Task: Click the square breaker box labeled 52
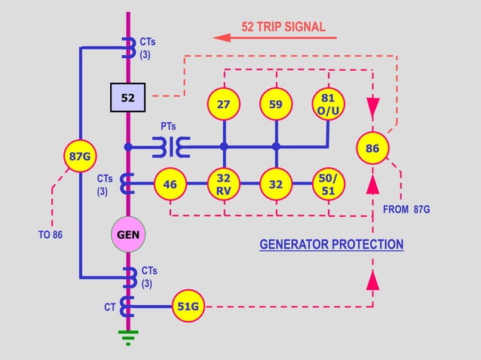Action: (x=127, y=96)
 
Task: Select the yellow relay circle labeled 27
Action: (x=224, y=105)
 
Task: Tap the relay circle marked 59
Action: (x=276, y=105)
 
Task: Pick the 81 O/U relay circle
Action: (x=328, y=105)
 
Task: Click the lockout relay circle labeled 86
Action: (x=372, y=149)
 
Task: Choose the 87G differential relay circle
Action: (x=80, y=157)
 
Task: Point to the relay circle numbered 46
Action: (x=171, y=184)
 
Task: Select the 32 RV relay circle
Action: (x=224, y=184)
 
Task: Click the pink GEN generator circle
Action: (x=128, y=234)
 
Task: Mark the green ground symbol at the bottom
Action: (x=128, y=337)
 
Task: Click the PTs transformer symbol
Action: (x=171, y=146)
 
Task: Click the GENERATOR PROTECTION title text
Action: (x=331, y=245)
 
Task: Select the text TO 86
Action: (x=51, y=235)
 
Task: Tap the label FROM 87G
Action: (x=406, y=209)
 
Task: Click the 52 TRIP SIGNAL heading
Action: (x=283, y=27)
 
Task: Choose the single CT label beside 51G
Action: (x=109, y=307)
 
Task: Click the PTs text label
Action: (x=168, y=127)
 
